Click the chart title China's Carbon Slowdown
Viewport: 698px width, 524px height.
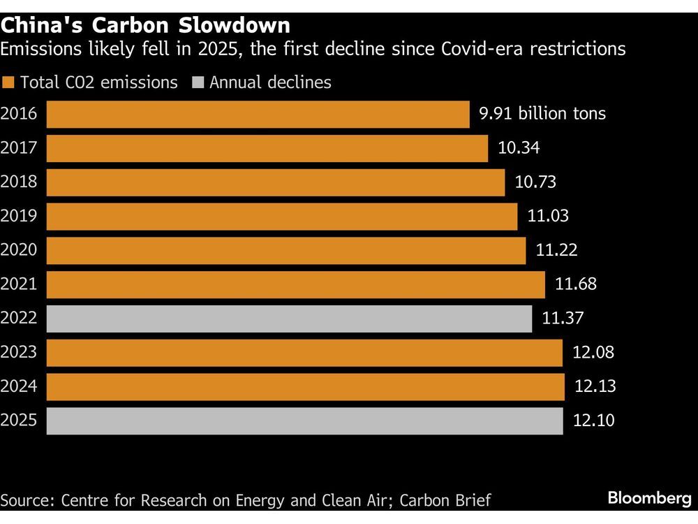tap(145, 25)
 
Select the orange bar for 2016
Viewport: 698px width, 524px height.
tap(258, 114)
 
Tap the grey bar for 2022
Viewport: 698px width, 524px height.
tap(289, 319)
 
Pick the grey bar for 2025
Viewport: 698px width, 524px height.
tap(304, 421)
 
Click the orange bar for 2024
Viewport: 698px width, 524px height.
tap(305, 387)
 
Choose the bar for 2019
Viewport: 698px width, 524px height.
tap(282, 217)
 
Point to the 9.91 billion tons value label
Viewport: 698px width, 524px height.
tap(542, 114)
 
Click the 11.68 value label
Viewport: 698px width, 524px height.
tap(576, 285)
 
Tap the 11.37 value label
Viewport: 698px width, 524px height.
tap(563, 319)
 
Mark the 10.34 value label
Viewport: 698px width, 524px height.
tap(519, 148)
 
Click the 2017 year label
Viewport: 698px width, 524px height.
tap(20, 148)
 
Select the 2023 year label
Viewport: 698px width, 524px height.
tap(20, 353)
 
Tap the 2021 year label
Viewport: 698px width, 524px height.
tap(20, 285)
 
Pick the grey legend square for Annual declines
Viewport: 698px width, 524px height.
tap(198, 82)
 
